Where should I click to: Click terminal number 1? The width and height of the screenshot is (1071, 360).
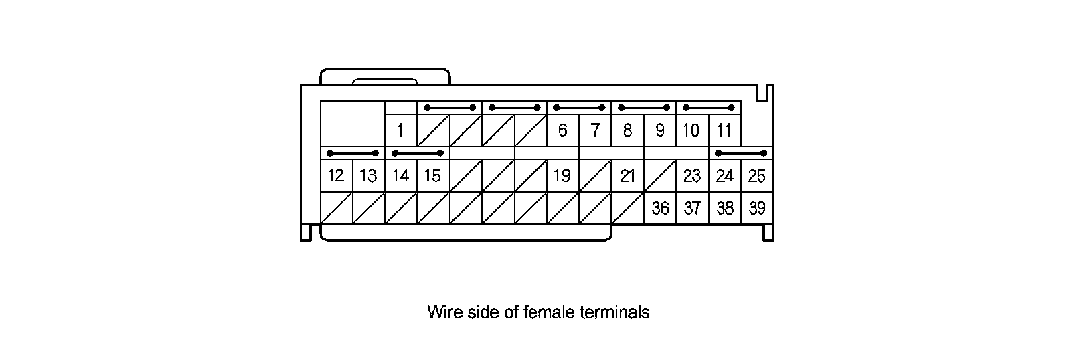[401, 130]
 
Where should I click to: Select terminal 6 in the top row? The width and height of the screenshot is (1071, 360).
[562, 130]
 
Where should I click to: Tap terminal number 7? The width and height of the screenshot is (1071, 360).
[595, 130]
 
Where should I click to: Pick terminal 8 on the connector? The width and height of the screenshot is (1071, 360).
[627, 130]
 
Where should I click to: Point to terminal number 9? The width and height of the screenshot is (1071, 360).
[659, 130]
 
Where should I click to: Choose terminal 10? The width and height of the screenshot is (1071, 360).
[691, 130]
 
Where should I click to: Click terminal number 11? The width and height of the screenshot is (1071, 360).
[724, 130]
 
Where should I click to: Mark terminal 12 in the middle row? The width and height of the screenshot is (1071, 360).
[336, 176]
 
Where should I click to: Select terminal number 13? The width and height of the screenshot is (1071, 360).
[368, 176]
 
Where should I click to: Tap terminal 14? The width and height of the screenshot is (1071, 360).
[400, 176]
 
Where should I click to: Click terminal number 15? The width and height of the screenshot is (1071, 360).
[432, 176]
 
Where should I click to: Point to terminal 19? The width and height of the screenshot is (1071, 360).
[562, 176]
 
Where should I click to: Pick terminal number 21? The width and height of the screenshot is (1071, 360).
[627, 176]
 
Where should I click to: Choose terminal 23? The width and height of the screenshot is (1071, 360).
[691, 176]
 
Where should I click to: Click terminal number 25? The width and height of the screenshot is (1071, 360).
[757, 176]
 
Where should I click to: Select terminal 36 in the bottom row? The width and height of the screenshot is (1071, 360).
[660, 208]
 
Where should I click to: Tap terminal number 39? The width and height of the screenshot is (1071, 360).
[757, 208]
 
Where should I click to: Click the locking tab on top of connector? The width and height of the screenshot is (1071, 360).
[385, 77]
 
